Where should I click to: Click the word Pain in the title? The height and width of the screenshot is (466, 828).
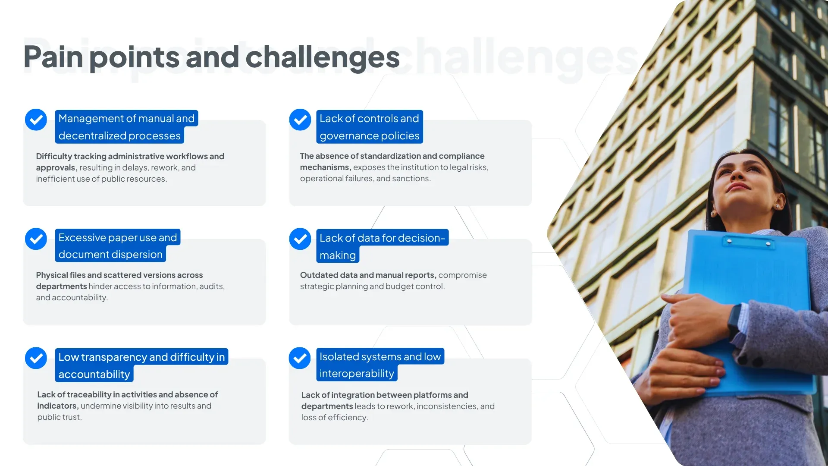(x=53, y=57)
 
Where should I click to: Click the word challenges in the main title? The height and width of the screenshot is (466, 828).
(x=323, y=57)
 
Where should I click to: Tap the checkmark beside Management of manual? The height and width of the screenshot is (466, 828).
(x=36, y=120)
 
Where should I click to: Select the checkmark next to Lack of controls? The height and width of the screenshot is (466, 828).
(x=300, y=120)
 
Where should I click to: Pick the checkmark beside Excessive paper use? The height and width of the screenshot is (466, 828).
(x=36, y=239)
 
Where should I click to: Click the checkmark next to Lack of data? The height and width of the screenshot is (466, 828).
(x=300, y=239)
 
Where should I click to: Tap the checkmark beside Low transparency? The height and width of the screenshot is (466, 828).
(x=36, y=358)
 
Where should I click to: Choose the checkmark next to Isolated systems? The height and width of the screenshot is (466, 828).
(x=300, y=358)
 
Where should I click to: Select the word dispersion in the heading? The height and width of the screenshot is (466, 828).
(x=138, y=255)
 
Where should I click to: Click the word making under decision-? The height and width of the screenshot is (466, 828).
(x=338, y=255)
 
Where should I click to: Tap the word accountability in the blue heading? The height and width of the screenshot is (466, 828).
(x=94, y=375)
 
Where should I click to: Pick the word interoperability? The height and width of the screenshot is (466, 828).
(x=357, y=374)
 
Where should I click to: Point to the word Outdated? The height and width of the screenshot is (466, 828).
(x=319, y=275)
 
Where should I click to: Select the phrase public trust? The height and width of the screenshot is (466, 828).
(x=59, y=417)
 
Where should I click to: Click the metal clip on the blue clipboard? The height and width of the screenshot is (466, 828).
(x=748, y=243)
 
